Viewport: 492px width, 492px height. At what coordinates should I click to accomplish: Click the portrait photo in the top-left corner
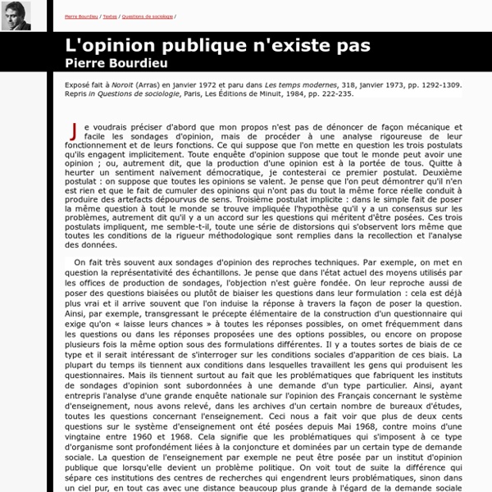tap(16, 16)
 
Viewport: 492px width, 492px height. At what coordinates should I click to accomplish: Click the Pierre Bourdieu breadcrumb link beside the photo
tap(81, 16)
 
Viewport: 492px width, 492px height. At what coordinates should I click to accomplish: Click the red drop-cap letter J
tap(75, 130)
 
